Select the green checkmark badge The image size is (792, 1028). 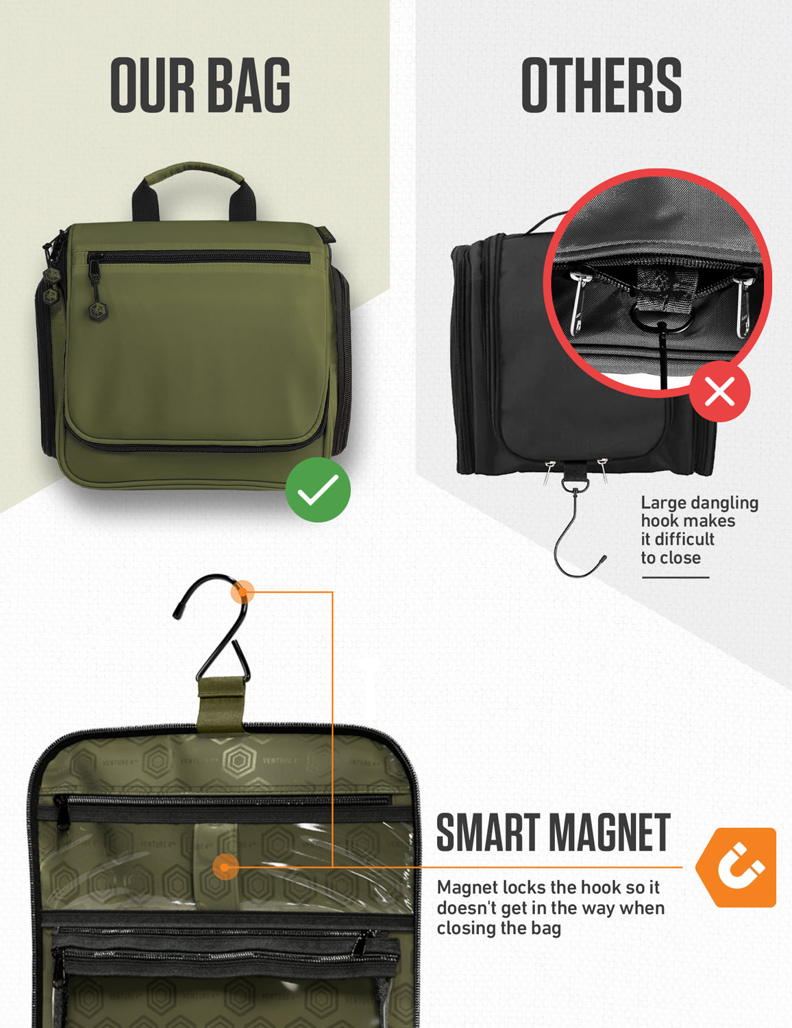(318, 490)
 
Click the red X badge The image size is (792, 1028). (719, 393)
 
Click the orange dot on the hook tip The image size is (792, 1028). (242, 591)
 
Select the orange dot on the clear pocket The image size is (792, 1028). (225, 867)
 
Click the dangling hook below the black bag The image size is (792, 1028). (578, 541)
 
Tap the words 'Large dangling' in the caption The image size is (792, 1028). (699, 503)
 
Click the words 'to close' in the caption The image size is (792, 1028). (670, 558)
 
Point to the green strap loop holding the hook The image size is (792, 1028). (220, 702)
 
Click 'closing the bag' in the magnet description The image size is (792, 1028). (499, 929)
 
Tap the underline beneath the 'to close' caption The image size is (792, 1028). (675, 577)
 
